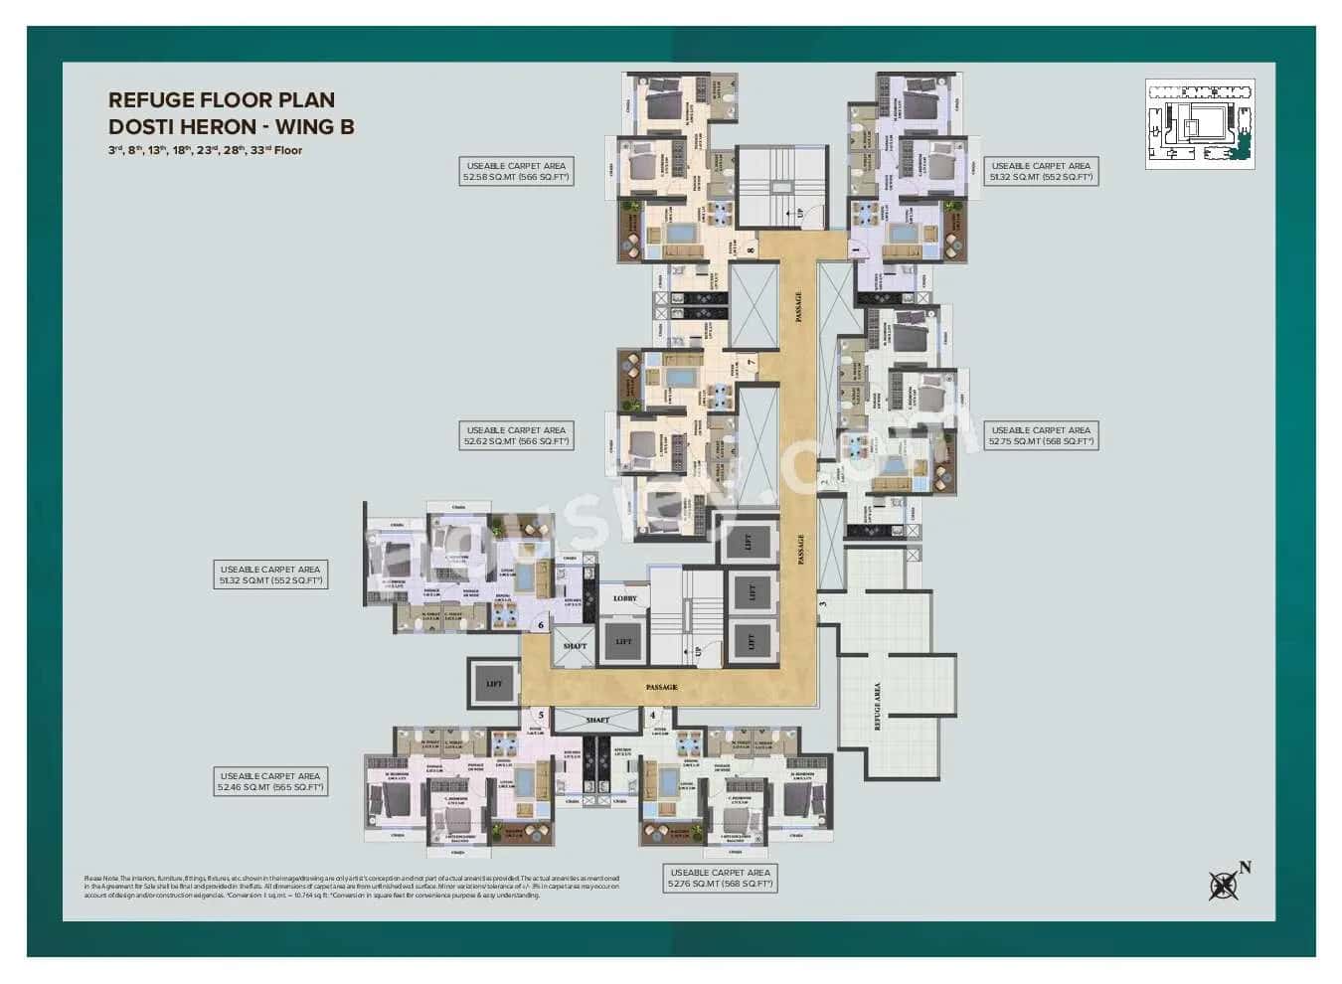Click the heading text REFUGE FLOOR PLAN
(x=221, y=99)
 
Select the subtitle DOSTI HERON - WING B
(x=231, y=126)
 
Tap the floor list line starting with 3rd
(x=205, y=151)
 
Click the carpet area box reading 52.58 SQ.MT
(x=515, y=171)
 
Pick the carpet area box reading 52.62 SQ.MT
(x=516, y=435)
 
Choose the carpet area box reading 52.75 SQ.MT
(x=1041, y=435)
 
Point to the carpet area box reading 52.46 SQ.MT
(x=270, y=781)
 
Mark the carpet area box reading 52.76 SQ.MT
(x=721, y=878)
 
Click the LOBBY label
(x=624, y=598)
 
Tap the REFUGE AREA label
(x=877, y=706)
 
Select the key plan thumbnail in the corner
(x=1199, y=123)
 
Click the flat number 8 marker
(x=750, y=250)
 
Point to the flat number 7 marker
(x=752, y=364)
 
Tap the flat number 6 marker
(x=541, y=625)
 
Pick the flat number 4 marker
(x=652, y=714)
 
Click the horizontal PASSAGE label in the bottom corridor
(x=661, y=687)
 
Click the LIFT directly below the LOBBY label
(x=623, y=642)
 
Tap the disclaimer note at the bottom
(x=353, y=887)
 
